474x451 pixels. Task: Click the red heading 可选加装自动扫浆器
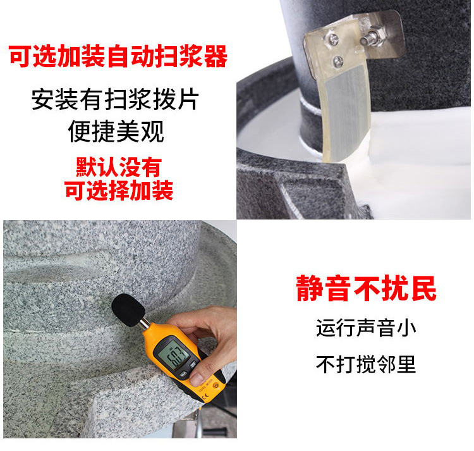(118, 56)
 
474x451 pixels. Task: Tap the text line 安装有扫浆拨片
(115, 99)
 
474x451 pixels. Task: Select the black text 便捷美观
(116, 132)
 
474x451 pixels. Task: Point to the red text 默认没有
(119, 166)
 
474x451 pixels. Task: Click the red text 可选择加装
(119, 190)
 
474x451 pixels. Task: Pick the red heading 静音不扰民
(366, 288)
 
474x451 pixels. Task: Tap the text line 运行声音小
(366, 328)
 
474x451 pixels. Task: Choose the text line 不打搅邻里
(366, 364)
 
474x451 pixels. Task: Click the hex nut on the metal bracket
(377, 34)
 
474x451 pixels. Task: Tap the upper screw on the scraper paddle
(333, 39)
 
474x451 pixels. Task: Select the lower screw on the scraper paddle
(338, 61)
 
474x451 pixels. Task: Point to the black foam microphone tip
(128, 310)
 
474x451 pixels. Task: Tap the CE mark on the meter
(205, 397)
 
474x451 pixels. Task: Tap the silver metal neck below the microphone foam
(145, 323)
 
